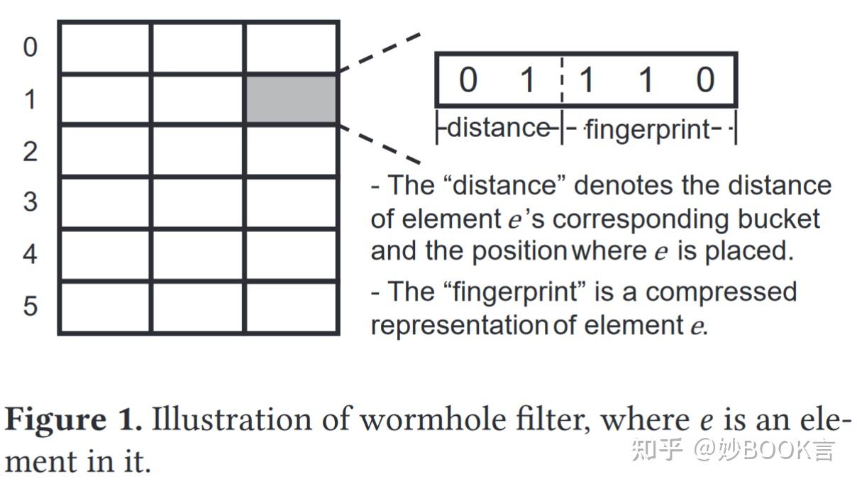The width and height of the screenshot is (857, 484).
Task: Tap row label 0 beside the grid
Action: (x=30, y=48)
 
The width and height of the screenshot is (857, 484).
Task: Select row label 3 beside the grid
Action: (x=30, y=202)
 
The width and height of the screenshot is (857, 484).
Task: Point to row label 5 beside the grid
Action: (x=30, y=307)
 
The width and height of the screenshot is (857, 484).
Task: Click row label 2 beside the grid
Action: (x=30, y=151)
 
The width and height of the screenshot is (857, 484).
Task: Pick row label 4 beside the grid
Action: (x=30, y=254)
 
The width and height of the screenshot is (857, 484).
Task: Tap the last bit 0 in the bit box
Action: (x=704, y=79)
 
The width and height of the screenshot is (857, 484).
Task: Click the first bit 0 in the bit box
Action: (x=468, y=79)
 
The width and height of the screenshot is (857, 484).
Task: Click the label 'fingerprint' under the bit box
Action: (x=647, y=130)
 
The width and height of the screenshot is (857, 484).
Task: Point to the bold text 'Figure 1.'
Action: (x=74, y=420)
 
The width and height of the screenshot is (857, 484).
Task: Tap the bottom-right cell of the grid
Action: (x=292, y=307)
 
